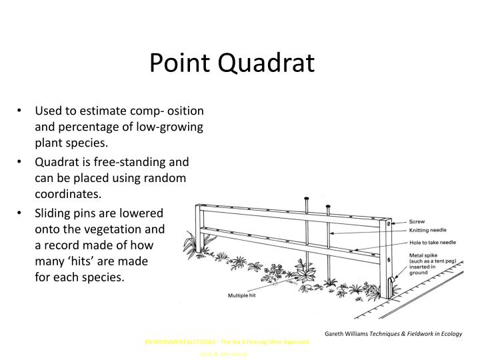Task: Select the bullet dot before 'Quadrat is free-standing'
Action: (23, 161)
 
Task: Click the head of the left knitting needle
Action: (306, 198)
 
